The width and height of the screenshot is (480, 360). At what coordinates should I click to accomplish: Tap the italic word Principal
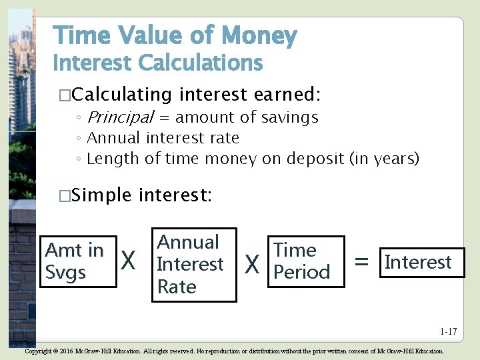pyautogui.click(x=120, y=117)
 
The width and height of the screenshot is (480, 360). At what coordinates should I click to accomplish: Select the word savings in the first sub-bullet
pyautogui.click(x=285, y=117)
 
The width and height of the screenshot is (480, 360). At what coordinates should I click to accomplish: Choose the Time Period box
pyautogui.click(x=305, y=261)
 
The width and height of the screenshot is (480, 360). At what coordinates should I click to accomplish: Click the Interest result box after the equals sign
pyautogui.click(x=420, y=262)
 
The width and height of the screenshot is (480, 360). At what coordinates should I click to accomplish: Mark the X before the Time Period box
pyautogui.click(x=252, y=265)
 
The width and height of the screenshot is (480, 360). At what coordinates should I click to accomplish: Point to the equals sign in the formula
pyautogui.click(x=361, y=263)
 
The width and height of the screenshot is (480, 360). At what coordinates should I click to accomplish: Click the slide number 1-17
pyautogui.click(x=448, y=331)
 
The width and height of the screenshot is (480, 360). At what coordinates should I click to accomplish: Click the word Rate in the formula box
pyautogui.click(x=177, y=287)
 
